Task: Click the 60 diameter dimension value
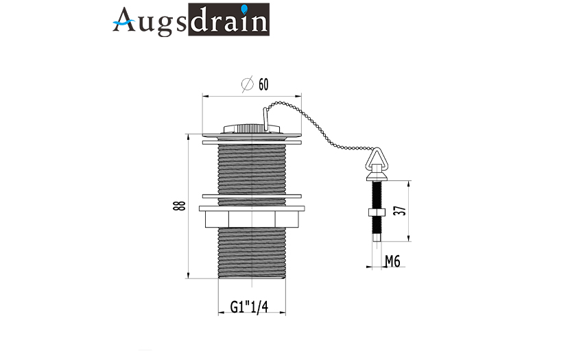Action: tap(263, 84)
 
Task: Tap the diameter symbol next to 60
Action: tap(247, 84)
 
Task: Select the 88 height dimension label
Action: tap(179, 206)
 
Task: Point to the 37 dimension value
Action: tap(401, 211)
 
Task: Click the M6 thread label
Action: tap(392, 261)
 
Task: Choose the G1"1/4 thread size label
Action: tap(249, 307)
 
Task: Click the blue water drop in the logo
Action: tap(244, 9)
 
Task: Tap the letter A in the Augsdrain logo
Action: tap(124, 20)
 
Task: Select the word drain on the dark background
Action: tap(228, 20)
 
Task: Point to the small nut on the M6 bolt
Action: tap(377, 213)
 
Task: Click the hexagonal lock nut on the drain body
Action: tap(252, 219)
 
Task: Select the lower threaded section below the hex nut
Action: tap(252, 252)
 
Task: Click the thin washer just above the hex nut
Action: tap(252, 196)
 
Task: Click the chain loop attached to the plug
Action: tap(265, 119)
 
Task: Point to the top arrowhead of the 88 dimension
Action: tap(188, 137)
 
